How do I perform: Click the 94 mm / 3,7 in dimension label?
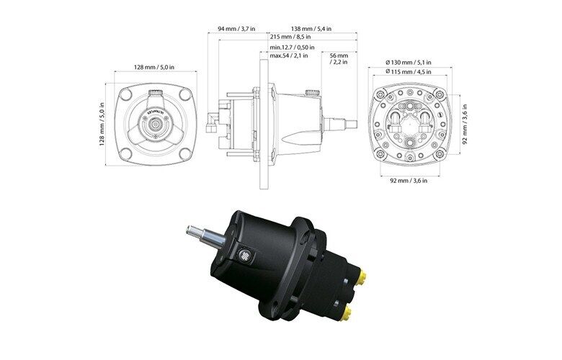click(x=236, y=28)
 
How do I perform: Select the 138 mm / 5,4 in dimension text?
click(x=311, y=28)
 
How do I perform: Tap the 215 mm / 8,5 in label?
click(x=290, y=37)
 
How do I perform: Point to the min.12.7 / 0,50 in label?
click(x=292, y=48)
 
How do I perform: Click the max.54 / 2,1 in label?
click(x=289, y=55)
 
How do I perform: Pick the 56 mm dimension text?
click(x=339, y=55)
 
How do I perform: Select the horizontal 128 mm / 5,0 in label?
click(x=154, y=67)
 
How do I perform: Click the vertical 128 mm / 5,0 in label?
click(x=102, y=125)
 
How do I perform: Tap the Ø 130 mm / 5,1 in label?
click(x=409, y=63)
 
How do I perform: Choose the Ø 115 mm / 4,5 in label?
click(x=409, y=72)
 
